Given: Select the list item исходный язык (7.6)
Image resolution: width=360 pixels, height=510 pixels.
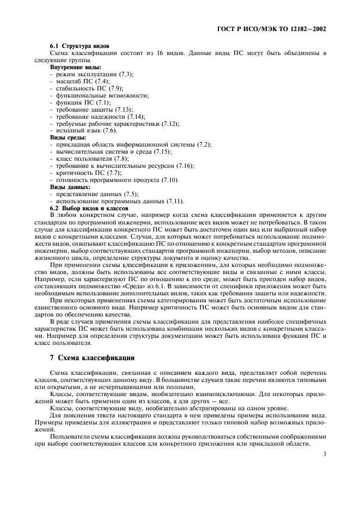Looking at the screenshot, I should tap(85, 130).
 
